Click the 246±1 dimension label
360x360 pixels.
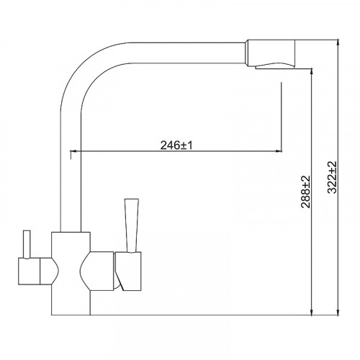(x=176, y=145)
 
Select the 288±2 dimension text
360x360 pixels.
(x=306, y=192)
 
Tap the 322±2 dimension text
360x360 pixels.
(x=333, y=177)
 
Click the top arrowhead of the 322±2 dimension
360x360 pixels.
(x=338, y=42)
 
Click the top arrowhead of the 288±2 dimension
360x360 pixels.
(x=312, y=72)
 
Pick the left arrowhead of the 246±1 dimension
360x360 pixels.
(x=73, y=151)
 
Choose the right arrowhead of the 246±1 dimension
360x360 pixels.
(x=279, y=151)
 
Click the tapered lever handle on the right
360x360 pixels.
(x=131, y=225)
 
